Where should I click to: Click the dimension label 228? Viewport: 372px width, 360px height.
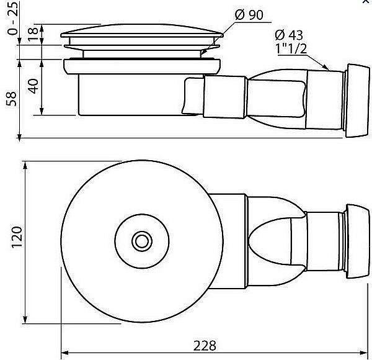point(205,346)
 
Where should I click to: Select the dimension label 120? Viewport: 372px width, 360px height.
point(17,238)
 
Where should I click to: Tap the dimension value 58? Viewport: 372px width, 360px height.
point(11,99)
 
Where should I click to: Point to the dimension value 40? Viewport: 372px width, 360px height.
point(33,86)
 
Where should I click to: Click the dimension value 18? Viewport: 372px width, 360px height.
point(33,34)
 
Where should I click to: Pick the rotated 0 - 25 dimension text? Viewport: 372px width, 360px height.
point(12,18)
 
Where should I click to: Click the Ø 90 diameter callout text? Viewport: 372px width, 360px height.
point(249,15)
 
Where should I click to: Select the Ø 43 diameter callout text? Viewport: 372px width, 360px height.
point(289,35)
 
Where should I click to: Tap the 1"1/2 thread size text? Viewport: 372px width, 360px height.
point(291,48)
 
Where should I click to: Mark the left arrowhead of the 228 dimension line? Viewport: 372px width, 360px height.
point(64,353)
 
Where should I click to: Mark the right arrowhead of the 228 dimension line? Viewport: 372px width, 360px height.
point(363,353)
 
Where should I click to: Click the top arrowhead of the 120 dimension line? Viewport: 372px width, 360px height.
point(25,165)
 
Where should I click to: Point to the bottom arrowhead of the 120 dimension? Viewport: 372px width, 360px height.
point(25,320)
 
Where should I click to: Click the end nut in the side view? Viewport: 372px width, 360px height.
point(357,101)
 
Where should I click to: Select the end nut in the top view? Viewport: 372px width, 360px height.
point(357,241)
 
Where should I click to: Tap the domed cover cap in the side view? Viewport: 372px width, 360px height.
point(141,31)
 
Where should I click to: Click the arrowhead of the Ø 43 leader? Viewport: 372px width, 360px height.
point(325,67)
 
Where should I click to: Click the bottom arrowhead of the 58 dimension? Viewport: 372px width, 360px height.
point(19,137)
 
